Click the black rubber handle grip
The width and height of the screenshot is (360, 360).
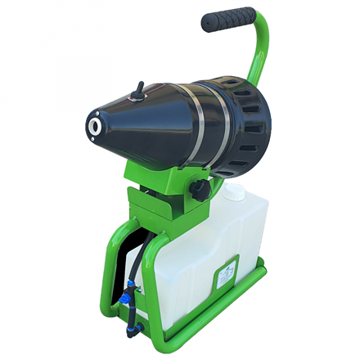coord(230,17)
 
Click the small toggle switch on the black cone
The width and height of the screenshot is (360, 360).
coord(140,87)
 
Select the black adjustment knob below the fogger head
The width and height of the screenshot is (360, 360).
coord(198,190)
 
